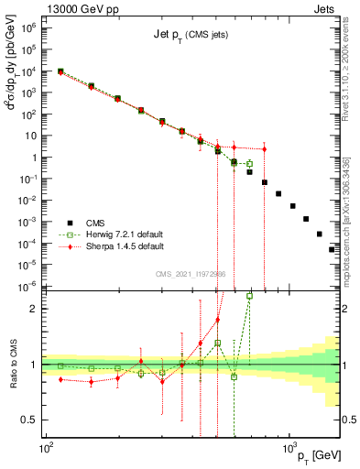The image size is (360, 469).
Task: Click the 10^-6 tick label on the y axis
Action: pos(30,286)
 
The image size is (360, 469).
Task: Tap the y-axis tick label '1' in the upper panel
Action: pos(37,157)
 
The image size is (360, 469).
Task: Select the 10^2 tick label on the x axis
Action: pos(45,449)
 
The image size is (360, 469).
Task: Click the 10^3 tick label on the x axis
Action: pos(289,449)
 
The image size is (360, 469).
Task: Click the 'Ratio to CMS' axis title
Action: pos(12,365)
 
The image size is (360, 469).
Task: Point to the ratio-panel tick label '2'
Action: pos(37,309)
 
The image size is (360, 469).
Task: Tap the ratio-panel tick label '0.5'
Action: pos(33,420)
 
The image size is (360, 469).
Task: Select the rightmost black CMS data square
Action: pos(332,249)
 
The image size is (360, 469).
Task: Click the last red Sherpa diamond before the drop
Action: pos(264,149)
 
